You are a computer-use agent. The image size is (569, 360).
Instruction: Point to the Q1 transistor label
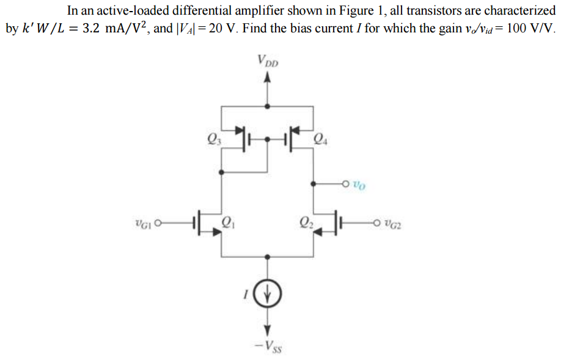click(228, 221)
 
